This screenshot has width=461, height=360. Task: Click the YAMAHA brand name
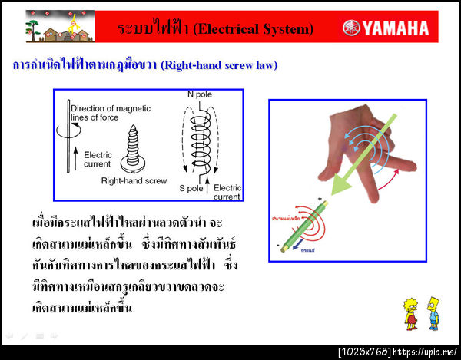coord(396,28)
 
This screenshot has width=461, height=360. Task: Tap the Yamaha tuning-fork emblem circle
coord(351,28)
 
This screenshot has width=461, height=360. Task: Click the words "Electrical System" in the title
coord(254,29)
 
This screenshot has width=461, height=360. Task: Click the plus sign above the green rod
coord(319,198)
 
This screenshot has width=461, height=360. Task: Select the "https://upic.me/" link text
coord(426,352)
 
